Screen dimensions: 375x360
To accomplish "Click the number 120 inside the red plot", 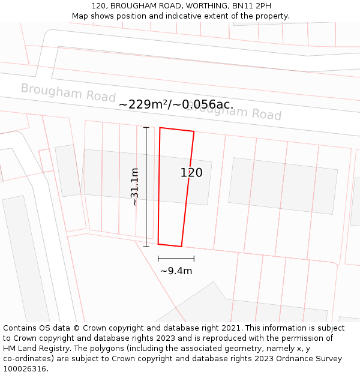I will tap(191, 173).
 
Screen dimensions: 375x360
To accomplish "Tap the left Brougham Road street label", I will tap(68, 92).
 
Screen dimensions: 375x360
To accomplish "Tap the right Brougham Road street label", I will tap(234, 110).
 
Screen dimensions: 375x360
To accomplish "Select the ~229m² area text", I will tap(144, 104).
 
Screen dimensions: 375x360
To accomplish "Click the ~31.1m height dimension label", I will tap(135, 187).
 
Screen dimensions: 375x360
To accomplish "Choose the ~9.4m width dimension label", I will tap(176, 271).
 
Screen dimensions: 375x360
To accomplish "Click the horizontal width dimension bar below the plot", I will tap(176, 259).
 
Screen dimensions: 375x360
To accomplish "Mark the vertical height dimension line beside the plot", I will tap(146, 187).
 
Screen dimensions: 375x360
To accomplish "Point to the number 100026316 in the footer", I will tap(25, 368).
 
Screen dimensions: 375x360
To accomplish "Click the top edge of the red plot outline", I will tap(177, 130).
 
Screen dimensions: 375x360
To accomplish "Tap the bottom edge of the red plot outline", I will tap(170, 245).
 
